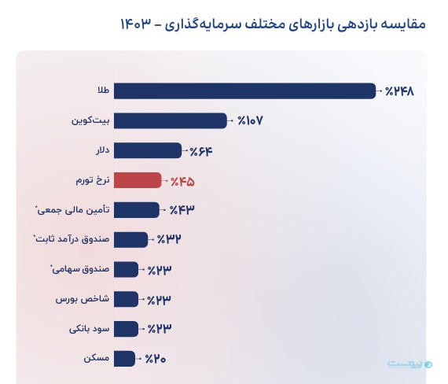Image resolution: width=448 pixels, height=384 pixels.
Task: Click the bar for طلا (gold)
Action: click(x=244, y=91)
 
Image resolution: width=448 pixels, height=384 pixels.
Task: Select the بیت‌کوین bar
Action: click(x=171, y=120)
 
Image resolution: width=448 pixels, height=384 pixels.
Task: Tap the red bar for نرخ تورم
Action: click(x=138, y=180)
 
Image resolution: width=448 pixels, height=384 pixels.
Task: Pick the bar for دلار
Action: click(x=148, y=150)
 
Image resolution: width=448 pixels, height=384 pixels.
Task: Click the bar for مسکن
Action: click(x=125, y=358)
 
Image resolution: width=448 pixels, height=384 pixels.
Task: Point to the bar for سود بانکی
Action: click(x=126, y=328)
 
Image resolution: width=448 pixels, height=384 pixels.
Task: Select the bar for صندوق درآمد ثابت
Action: click(x=130, y=239)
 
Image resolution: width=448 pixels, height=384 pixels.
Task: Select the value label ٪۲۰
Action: click(x=156, y=359)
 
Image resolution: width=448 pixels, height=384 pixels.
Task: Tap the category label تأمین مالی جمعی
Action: click(x=72, y=210)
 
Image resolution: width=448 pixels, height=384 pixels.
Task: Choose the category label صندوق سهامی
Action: click(x=78, y=269)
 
